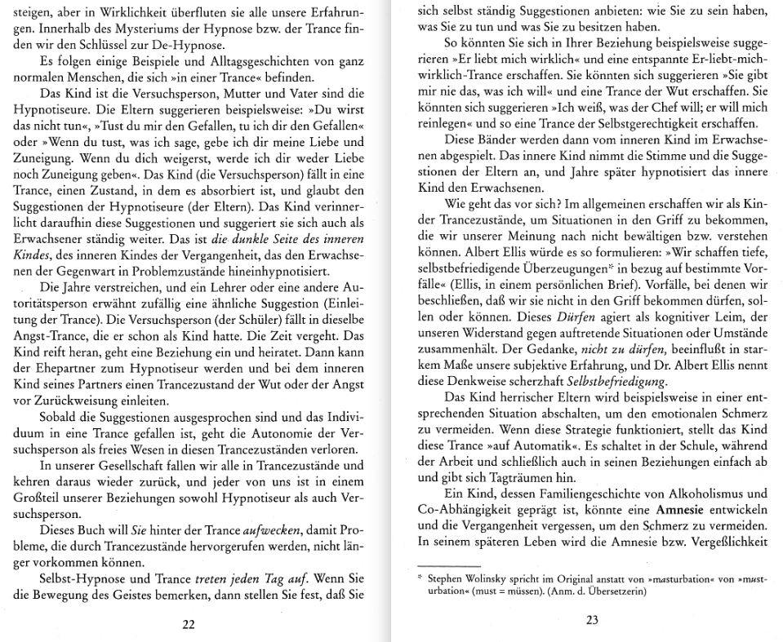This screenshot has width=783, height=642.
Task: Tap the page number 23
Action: (593, 620)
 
